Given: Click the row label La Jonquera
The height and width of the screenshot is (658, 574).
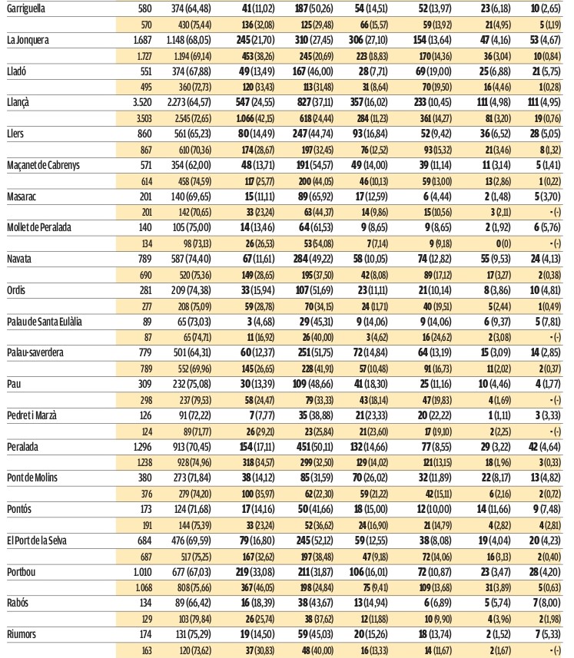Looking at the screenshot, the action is [28, 40].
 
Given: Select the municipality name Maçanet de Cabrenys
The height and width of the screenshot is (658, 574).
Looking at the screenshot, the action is [43, 165].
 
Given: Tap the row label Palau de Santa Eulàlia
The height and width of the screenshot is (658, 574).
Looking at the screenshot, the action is [44, 322].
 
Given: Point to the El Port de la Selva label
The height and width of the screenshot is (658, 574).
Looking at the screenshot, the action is [37, 541].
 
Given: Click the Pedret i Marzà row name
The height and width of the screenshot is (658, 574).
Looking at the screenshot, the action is [32, 415].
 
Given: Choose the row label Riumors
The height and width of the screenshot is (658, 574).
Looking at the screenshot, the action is [22, 634].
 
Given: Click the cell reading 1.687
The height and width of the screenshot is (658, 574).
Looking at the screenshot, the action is [142, 40].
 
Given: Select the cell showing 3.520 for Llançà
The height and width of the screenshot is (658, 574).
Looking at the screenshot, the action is [142, 102].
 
